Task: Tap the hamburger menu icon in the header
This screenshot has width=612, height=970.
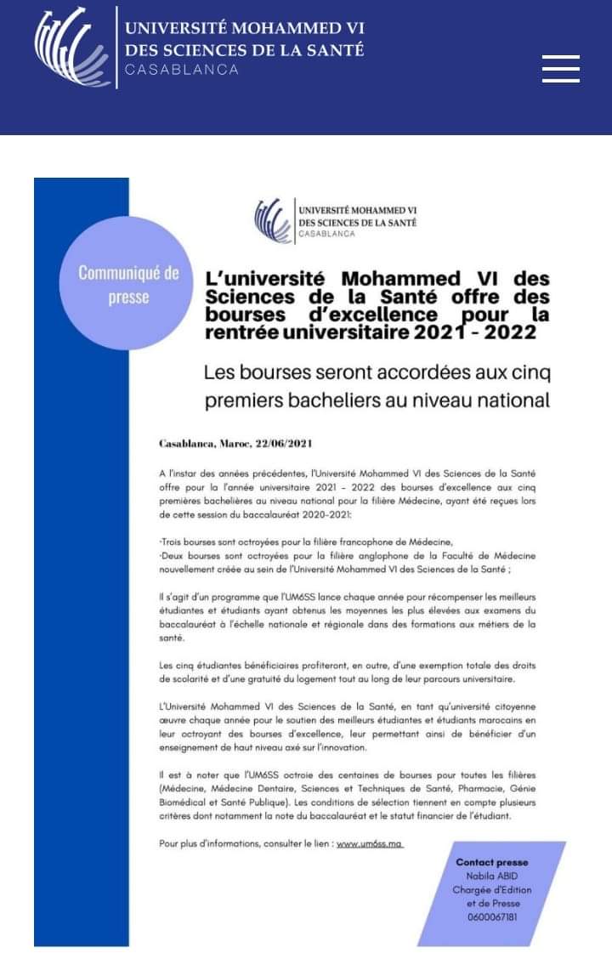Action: pyautogui.click(x=560, y=68)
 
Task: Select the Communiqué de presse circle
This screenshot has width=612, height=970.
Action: pyautogui.click(x=128, y=285)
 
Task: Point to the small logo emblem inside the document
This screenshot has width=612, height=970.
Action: pyautogui.click(x=271, y=218)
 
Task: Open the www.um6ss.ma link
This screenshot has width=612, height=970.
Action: pyautogui.click(x=369, y=844)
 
